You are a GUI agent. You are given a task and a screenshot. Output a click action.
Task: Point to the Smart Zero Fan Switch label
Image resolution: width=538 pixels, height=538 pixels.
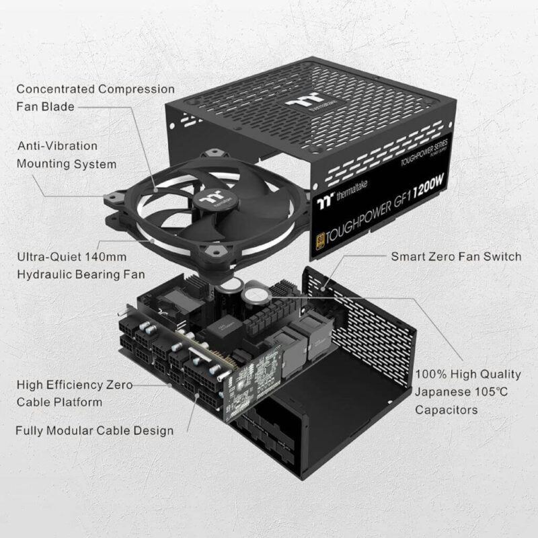(x=455, y=256)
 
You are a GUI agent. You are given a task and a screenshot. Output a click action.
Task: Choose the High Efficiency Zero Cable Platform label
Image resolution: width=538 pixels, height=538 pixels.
(x=74, y=393)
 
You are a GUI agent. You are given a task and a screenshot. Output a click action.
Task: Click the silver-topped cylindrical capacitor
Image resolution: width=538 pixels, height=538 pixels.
(x=255, y=295)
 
